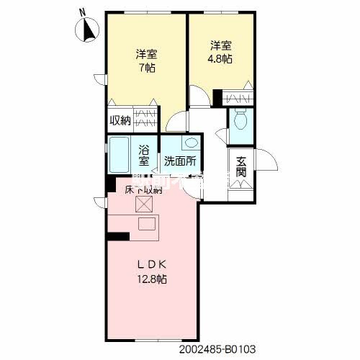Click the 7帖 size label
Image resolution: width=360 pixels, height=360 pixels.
(x=148, y=68)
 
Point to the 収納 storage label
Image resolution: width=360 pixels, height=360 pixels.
(x=120, y=120)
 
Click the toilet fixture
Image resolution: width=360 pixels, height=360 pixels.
(x=240, y=121)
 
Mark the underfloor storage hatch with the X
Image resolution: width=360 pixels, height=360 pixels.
(x=146, y=205)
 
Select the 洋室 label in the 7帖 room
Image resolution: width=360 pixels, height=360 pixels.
(x=147, y=54)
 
